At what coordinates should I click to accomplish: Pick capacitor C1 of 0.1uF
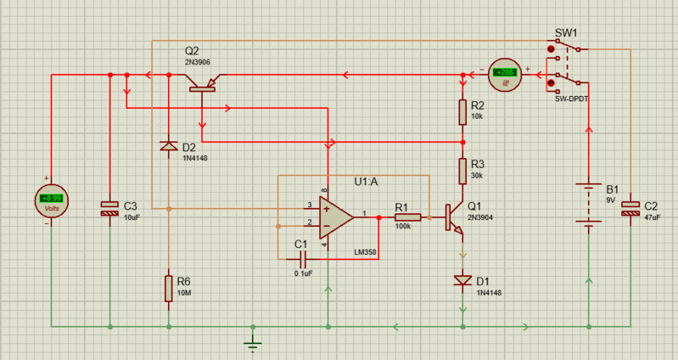pos(300,257)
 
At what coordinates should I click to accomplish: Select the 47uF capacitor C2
pos(630,207)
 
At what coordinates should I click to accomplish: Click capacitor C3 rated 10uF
pos(109,208)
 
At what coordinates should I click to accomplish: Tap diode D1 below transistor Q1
pos(462,279)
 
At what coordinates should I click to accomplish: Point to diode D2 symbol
pos(169,146)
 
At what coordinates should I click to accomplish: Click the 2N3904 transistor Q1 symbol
pos(457,217)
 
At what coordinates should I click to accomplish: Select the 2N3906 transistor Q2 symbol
pos(203,82)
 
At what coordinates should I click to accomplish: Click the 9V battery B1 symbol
pos(587,205)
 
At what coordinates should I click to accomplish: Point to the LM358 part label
pos(366,252)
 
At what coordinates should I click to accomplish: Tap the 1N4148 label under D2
pos(197,158)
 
